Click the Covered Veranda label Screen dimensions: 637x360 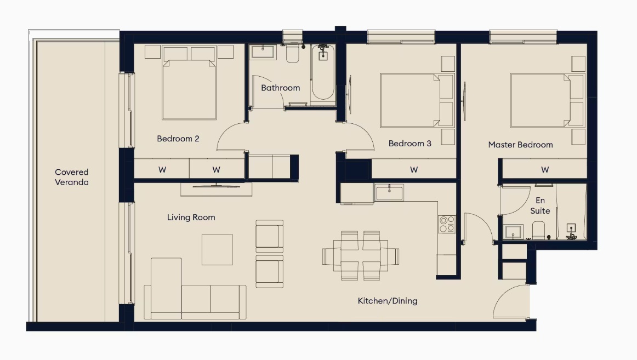(x=71, y=178)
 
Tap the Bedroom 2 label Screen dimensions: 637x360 (x=178, y=139)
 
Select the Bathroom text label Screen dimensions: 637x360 (x=280, y=88)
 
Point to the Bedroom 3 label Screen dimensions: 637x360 (x=410, y=144)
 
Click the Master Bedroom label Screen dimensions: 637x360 (x=520, y=145)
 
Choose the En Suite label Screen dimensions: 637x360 (x=540, y=206)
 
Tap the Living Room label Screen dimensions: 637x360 (x=191, y=218)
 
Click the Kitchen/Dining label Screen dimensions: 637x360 (x=387, y=301)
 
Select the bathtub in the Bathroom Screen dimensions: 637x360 (x=323, y=72)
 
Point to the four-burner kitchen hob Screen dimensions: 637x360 (x=447, y=224)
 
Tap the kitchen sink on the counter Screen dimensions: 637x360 (x=389, y=192)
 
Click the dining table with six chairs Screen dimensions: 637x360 (x=361, y=256)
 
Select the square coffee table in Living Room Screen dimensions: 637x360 (x=217, y=250)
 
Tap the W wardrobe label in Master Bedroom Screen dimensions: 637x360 (x=545, y=170)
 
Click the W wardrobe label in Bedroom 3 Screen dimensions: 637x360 (x=413, y=170)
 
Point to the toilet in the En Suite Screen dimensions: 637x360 (x=538, y=230)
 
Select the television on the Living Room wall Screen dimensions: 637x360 (x=216, y=186)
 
